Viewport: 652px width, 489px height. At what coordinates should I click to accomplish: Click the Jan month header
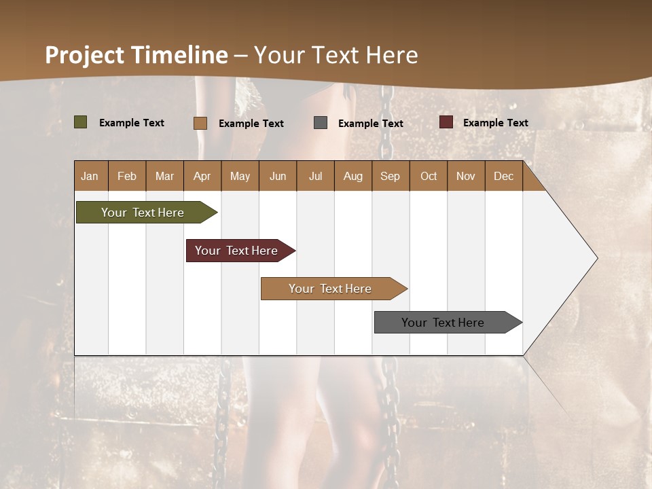(x=90, y=176)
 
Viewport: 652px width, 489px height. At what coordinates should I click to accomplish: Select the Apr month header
(x=202, y=176)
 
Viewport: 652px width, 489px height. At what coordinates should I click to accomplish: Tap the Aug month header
(x=352, y=176)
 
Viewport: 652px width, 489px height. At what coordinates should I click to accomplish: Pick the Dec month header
(x=503, y=176)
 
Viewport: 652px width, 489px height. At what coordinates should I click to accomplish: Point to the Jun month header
(x=277, y=176)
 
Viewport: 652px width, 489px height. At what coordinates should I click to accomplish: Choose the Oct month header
(x=428, y=176)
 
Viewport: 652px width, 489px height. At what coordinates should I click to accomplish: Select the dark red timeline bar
(x=238, y=251)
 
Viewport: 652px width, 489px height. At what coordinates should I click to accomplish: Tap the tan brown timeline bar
(x=331, y=289)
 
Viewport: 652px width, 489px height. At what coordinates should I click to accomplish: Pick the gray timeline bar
(x=445, y=323)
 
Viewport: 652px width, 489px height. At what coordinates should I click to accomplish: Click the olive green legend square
(x=80, y=122)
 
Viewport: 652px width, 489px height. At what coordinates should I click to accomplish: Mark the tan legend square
(x=200, y=123)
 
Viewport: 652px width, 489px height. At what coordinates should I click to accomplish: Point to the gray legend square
(x=320, y=123)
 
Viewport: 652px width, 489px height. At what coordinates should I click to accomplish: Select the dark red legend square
(x=446, y=122)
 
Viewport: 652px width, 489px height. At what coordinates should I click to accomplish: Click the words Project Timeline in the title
(x=136, y=55)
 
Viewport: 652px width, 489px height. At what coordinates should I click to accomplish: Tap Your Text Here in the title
(x=336, y=55)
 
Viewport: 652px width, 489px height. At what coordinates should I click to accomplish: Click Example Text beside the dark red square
(x=495, y=123)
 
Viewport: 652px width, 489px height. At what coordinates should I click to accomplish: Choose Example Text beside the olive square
(x=131, y=123)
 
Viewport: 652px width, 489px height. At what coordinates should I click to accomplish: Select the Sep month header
(x=390, y=176)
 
